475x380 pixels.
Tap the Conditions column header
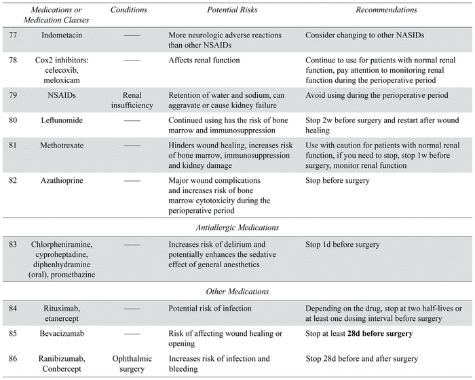[x=132, y=11]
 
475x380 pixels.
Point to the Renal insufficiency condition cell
[x=133, y=100]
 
